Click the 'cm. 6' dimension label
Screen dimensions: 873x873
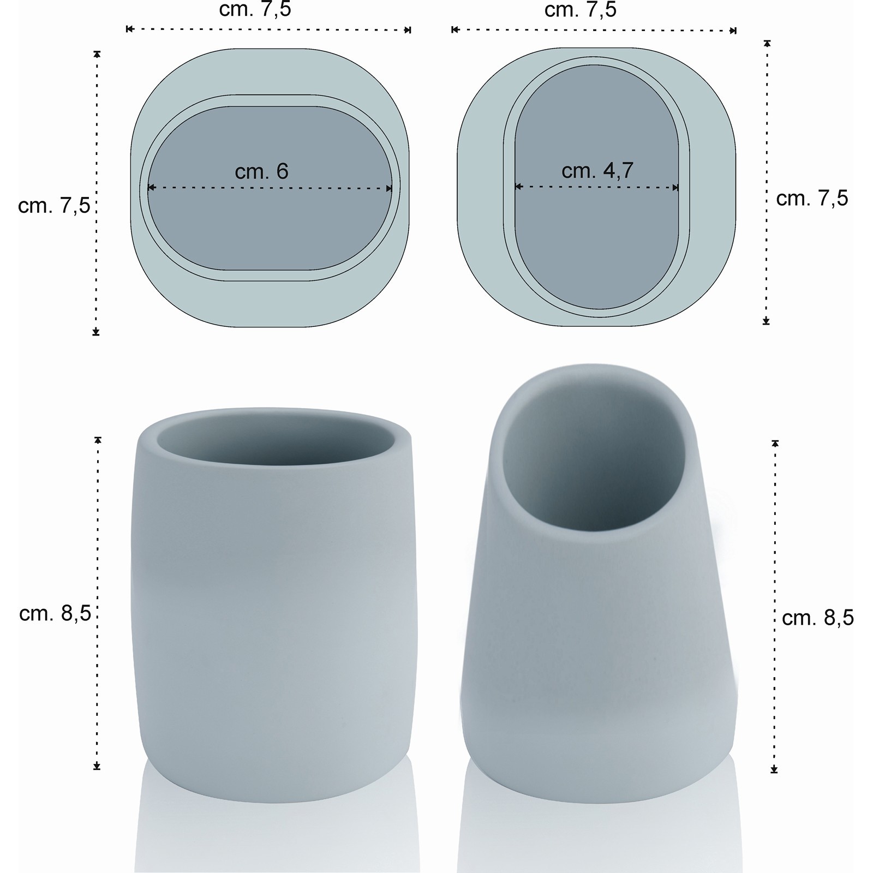point(261,171)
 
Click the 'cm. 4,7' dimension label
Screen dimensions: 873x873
point(597,170)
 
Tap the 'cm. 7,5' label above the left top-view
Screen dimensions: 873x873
point(255,9)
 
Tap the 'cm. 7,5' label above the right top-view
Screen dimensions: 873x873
point(581,9)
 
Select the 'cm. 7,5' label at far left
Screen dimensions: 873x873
point(53,206)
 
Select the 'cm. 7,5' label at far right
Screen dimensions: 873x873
point(812,198)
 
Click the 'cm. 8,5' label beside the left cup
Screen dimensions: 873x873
point(55,613)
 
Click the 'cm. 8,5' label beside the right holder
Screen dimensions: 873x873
point(817,618)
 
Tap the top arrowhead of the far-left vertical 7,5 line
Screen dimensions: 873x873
point(97,54)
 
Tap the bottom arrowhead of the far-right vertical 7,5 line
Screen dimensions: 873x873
point(766,321)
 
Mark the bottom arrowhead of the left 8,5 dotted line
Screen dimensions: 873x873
point(97,766)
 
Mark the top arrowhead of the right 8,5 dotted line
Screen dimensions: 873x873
point(775,444)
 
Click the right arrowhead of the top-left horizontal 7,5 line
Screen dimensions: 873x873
point(407,29)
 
